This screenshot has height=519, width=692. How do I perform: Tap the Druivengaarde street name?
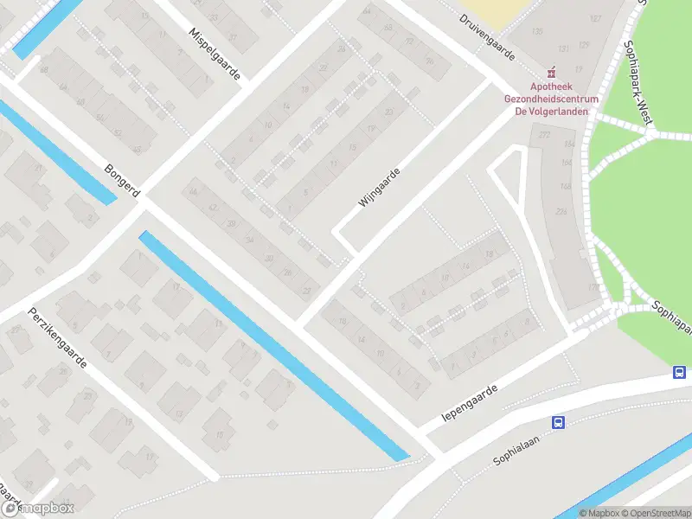point(487,38)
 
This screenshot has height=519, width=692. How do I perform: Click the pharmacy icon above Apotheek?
point(548,74)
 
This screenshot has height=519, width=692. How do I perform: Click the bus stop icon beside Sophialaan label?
point(558,423)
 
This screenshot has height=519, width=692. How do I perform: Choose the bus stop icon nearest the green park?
point(681,373)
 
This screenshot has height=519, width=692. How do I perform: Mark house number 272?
point(545,135)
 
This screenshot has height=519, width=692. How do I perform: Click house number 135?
point(538,32)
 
